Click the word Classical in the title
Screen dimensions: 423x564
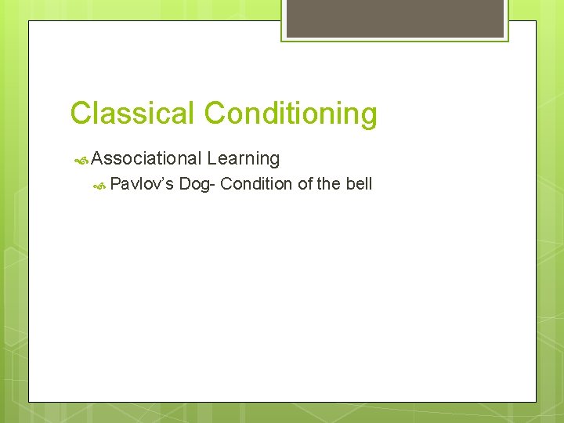[133, 114]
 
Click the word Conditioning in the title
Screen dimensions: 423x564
[291, 114]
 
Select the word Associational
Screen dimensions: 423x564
[146, 158]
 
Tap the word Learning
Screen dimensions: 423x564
[244, 159]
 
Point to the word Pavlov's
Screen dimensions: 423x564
[142, 184]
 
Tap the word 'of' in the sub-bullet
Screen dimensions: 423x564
[305, 184]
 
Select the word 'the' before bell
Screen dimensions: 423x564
[329, 184]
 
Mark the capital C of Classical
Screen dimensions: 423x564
[80, 114]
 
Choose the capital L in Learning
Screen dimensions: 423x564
[212, 158]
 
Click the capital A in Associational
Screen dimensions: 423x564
[97, 158]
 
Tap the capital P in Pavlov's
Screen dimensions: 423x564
[115, 184]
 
